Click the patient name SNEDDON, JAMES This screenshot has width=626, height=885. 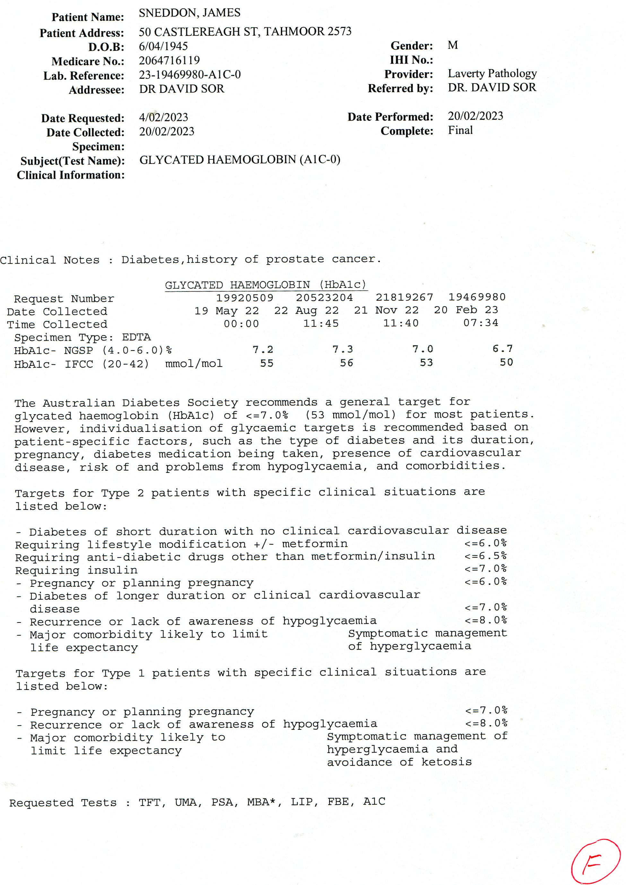(x=189, y=13)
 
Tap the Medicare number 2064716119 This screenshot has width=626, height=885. (x=169, y=60)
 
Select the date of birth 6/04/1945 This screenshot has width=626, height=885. (x=163, y=46)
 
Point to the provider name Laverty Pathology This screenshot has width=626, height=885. (x=492, y=73)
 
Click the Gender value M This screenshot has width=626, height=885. (x=453, y=46)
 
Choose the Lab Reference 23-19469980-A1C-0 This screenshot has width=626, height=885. (x=190, y=75)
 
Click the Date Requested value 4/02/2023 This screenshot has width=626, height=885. (x=163, y=117)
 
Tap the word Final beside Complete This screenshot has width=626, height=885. (x=460, y=130)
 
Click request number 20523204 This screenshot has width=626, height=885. (x=324, y=298)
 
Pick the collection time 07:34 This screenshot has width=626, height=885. (x=480, y=323)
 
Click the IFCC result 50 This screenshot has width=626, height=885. (x=506, y=362)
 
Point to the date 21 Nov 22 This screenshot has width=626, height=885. (x=386, y=310)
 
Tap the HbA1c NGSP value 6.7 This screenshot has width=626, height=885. (x=502, y=349)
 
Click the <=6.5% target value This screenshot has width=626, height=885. (x=485, y=556)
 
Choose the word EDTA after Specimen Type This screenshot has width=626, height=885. (x=136, y=337)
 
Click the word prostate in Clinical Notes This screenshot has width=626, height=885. (x=295, y=259)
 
